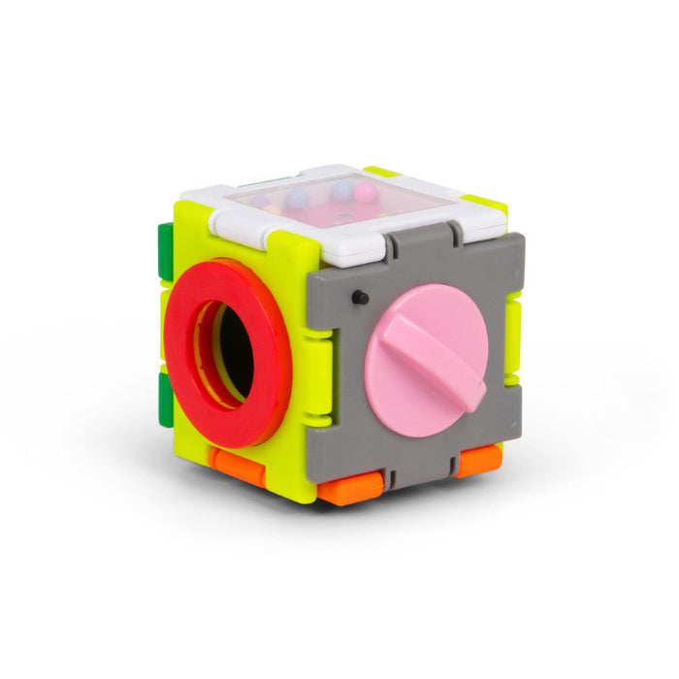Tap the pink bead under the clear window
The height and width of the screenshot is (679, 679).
click(364, 192)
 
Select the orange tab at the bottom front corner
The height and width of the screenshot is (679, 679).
click(348, 490)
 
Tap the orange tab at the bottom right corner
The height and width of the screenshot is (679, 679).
click(478, 460)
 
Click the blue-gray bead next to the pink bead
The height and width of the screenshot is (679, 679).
click(341, 190)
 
